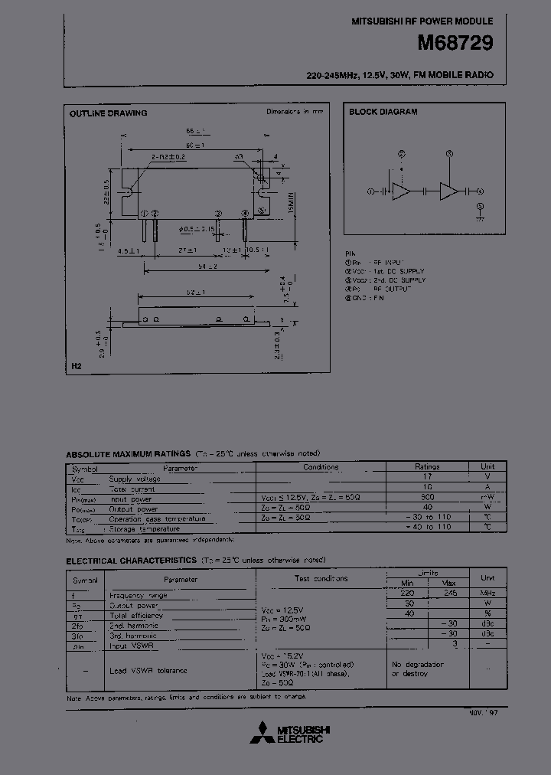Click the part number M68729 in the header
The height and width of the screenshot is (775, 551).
pyautogui.click(x=455, y=44)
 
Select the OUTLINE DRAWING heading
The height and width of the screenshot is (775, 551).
pyautogui.click(x=109, y=113)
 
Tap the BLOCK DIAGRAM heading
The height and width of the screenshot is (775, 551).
pyautogui.click(x=383, y=112)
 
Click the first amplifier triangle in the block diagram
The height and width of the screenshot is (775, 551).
pyautogui.click(x=401, y=191)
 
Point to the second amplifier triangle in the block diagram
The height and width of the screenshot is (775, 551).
pyautogui.click(x=448, y=191)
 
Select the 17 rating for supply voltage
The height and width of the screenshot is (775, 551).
pyautogui.click(x=427, y=477)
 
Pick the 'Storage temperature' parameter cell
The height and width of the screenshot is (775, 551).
pyautogui.click(x=145, y=528)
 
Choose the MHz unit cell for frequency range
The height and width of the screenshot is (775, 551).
pyautogui.click(x=487, y=594)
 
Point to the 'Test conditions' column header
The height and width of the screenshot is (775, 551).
pyautogui.click(x=321, y=578)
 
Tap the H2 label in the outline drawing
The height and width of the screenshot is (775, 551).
pyautogui.click(x=76, y=367)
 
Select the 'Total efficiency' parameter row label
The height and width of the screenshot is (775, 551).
pyautogui.click(x=136, y=615)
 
